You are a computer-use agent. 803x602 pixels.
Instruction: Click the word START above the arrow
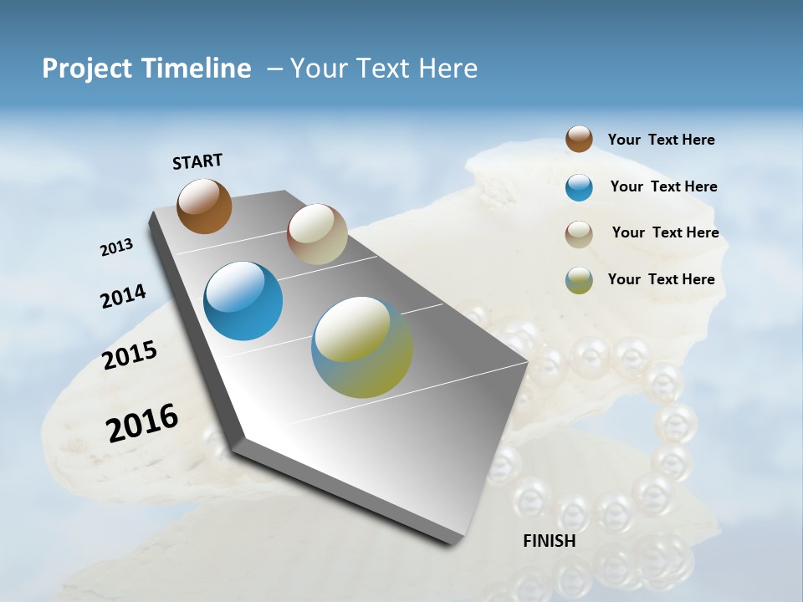(x=197, y=161)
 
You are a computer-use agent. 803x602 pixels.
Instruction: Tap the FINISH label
(x=550, y=541)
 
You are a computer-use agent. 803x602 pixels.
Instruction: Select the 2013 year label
(x=116, y=247)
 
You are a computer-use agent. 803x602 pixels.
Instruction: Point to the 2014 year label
(x=123, y=296)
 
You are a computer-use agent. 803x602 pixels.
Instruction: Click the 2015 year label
(x=130, y=355)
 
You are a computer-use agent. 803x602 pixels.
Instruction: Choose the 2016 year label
(x=142, y=422)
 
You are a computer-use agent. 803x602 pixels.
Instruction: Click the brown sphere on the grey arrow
(x=204, y=206)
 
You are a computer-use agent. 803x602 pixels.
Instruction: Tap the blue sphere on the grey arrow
(x=243, y=301)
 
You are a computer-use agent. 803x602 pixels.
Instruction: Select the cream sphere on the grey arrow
(x=317, y=234)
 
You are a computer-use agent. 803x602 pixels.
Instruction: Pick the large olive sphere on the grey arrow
(x=362, y=346)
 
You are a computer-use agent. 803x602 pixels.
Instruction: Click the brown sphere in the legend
(x=579, y=140)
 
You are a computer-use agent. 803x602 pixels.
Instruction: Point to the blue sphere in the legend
(x=579, y=187)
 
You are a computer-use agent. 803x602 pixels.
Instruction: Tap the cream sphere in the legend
(x=579, y=234)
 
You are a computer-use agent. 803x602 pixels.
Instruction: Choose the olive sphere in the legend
(x=579, y=280)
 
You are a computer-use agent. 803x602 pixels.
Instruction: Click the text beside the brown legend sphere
(x=661, y=140)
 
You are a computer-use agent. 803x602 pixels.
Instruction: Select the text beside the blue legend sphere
(x=663, y=186)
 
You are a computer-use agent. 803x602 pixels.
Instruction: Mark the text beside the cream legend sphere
(x=665, y=232)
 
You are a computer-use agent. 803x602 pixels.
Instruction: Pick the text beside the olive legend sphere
(x=661, y=279)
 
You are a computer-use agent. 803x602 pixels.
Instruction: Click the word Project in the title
(x=88, y=69)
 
